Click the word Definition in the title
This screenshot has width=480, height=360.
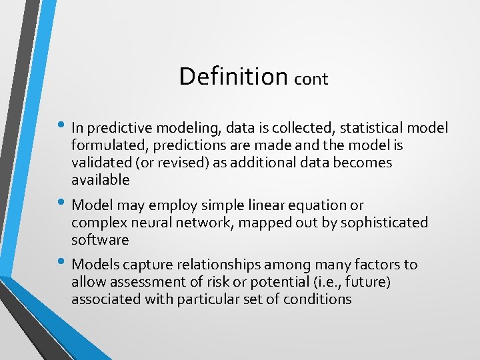point(233,76)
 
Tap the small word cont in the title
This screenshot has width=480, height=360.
point(311,79)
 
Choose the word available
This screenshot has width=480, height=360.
point(100,180)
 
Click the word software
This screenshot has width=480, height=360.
point(100,239)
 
